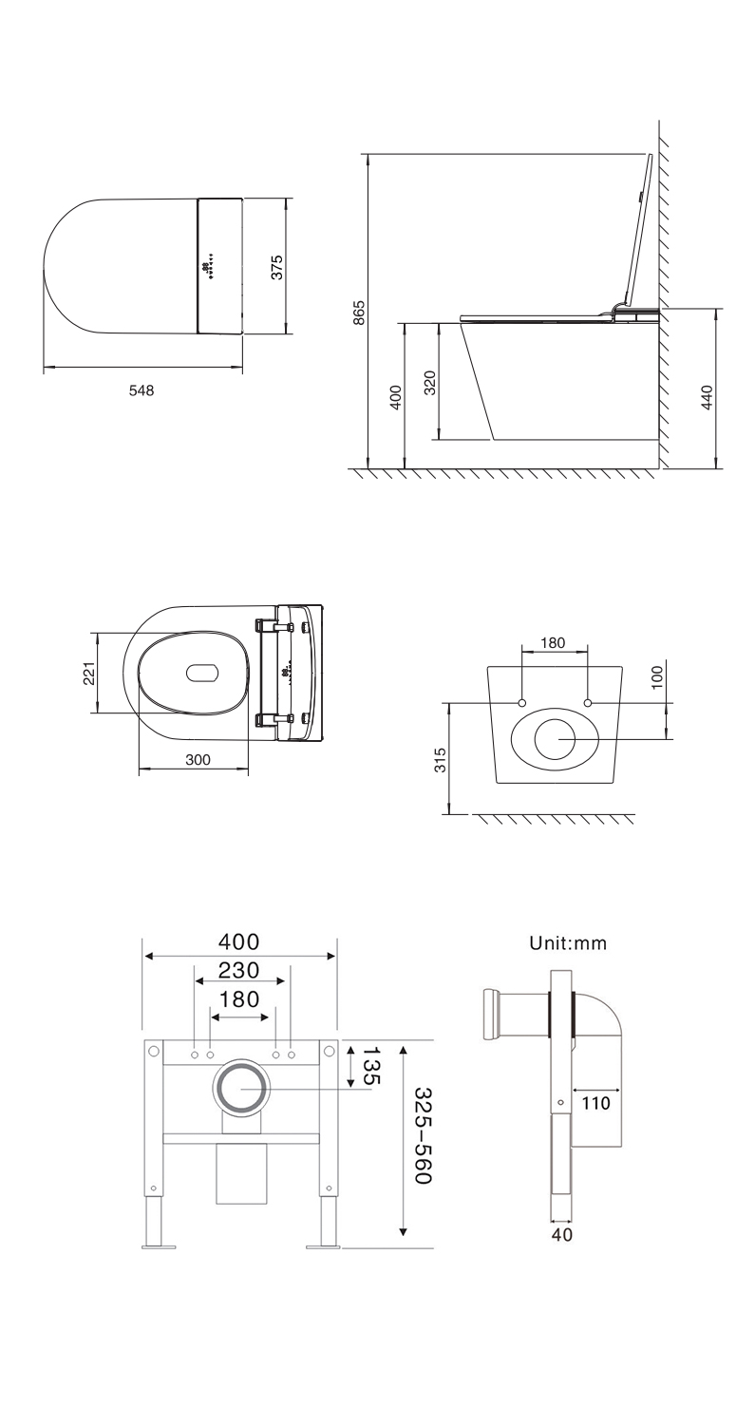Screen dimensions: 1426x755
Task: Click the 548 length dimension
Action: pos(142,390)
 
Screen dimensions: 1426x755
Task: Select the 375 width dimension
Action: pos(276,267)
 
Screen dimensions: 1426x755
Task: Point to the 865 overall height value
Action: pos(359,312)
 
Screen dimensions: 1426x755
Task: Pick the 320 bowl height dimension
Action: pos(430,383)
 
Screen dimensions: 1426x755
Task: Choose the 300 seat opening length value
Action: pos(198,760)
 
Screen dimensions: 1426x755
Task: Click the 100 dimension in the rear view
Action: pos(658,678)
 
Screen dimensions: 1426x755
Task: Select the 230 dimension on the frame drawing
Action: pos(239,971)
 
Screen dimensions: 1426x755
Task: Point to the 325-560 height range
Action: pos(424,1136)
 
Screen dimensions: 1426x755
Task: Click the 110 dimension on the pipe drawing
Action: pos(596,1103)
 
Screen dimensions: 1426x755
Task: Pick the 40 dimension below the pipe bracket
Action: pos(561,1235)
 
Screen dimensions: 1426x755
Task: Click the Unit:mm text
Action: pos(568,943)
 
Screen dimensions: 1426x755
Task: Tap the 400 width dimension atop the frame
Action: pos(239,941)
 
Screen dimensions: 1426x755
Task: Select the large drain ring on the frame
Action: pos(241,1089)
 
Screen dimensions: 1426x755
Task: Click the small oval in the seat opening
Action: pos(202,673)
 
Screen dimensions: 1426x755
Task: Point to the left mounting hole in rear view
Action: pos(522,702)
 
